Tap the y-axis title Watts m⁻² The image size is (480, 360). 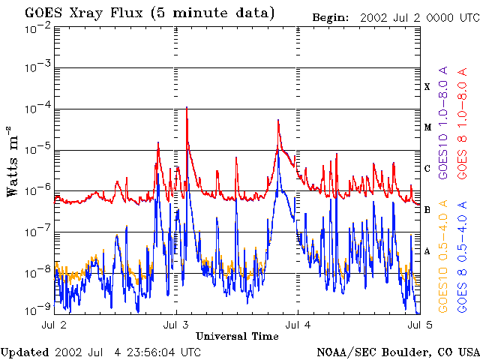[13, 161]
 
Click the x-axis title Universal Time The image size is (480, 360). [237, 336]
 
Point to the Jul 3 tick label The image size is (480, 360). [175, 325]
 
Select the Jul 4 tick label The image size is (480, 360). [298, 325]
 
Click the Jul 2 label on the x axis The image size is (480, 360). [54, 325]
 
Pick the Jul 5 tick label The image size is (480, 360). [418, 325]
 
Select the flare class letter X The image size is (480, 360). [427, 87]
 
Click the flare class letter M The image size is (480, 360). [427, 127]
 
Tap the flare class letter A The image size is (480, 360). [427, 251]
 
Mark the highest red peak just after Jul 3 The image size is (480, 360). [186, 108]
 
